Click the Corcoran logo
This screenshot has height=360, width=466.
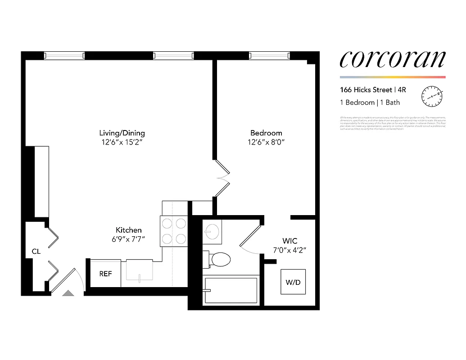(392, 60)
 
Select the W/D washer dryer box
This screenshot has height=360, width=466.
(293, 282)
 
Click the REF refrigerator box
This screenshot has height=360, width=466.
(105, 273)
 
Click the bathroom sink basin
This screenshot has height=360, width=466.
(211, 232)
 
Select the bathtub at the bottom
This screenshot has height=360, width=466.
(231, 290)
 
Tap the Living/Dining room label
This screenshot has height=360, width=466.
(122, 133)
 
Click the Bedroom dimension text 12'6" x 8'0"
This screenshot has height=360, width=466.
(266, 142)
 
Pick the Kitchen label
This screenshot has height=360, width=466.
(129, 230)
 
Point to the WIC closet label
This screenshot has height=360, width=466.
(290, 241)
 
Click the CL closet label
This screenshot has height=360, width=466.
(36, 252)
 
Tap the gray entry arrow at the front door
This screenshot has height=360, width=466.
(68, 293)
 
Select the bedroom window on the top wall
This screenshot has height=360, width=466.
(269, 56)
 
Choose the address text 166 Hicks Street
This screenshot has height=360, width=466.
(366, 90)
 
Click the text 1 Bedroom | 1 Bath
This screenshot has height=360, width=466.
(370, 103)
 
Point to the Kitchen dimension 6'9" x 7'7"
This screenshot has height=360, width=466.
(129, 239)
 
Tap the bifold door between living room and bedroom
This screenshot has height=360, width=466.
(222, 178)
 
